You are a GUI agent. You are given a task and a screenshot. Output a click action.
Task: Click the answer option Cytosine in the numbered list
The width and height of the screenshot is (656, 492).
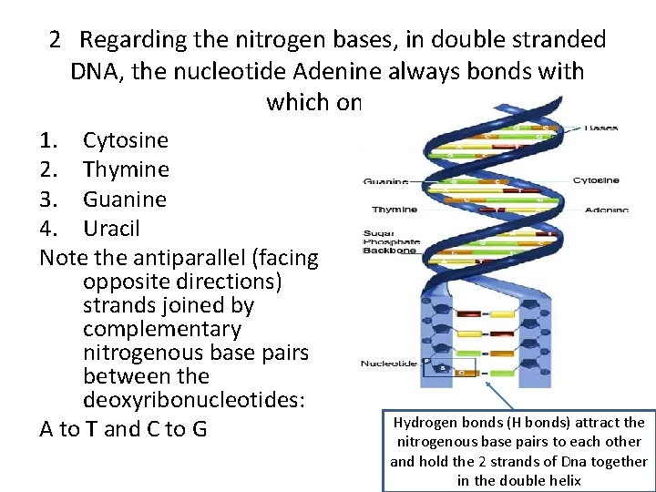point(125,140)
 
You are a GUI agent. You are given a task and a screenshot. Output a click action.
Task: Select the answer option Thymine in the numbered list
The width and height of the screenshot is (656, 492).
point(126,169)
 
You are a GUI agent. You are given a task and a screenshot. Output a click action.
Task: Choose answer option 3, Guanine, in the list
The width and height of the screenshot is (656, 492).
point(125,199)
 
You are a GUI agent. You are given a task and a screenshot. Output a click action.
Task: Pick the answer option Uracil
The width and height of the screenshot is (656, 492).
point(111,228)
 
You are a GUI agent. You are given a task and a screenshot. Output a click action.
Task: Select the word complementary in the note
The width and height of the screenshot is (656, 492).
point(161,329)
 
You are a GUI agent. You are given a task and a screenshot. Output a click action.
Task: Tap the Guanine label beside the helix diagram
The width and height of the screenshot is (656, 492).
point(386,182)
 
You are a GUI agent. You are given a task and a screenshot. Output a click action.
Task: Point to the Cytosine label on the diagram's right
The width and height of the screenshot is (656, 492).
point(596,180)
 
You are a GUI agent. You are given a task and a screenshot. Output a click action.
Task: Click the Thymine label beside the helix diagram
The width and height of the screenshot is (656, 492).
point(394,209)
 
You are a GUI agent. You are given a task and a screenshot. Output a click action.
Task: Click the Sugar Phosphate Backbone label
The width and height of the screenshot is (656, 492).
point(389,241)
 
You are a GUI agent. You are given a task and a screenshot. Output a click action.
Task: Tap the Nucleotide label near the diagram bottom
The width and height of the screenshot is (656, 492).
point(388,364)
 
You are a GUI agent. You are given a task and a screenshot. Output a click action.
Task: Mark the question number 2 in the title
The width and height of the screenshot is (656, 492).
point(56,40)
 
